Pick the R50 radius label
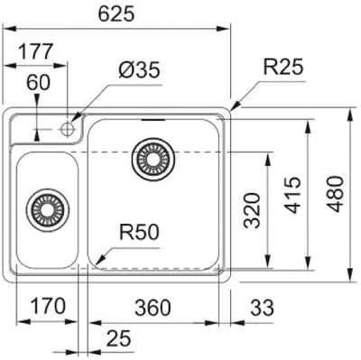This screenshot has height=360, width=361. tap(140, 232)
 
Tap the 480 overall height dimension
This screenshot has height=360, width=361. tap(336, 193)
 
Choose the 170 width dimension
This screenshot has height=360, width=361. tap(46, 307)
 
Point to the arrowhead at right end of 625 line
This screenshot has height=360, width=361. tap(227, 28)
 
